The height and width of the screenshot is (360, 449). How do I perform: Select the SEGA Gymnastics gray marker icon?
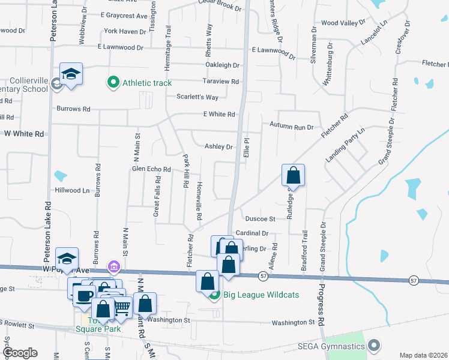click(375, 346)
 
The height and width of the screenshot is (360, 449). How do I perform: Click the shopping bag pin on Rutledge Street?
click(293, 175)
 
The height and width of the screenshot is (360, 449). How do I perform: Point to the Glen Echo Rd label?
click(152, 169)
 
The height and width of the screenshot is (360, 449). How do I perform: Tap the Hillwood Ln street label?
click(72, 190)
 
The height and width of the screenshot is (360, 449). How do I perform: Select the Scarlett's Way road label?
click(197, 97)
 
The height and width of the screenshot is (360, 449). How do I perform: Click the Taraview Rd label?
click(221, 82)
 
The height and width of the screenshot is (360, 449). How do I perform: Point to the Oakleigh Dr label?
click(222, 65)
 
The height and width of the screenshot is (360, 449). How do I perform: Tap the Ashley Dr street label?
click(218, 146)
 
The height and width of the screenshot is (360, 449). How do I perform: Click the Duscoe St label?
click(260, 219)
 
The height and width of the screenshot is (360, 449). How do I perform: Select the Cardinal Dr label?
click(252, 233)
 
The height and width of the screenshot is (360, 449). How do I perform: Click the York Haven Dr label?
click(125, 31)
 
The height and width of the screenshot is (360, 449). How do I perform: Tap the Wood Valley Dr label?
click(343, 23)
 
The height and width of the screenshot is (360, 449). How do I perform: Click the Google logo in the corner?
click(20, 353)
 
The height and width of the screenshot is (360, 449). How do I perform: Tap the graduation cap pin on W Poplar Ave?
click(67, 259)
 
